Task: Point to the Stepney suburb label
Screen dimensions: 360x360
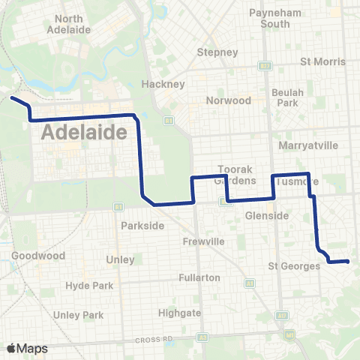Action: [x=217, y=52]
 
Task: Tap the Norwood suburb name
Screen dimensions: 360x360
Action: [x=229, y=100]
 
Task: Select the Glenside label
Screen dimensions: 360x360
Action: [x=267, y=216]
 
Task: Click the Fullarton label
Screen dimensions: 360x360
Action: [x=199, y=277]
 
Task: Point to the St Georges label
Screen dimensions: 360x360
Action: [x=293, y=265]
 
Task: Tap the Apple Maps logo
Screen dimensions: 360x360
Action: [x=28, y=348]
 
